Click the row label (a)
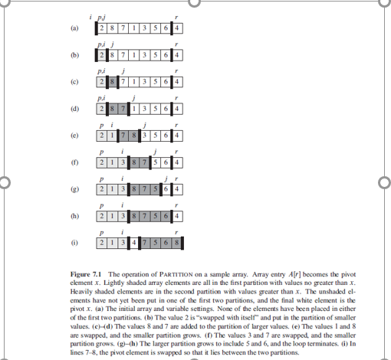(74, 28)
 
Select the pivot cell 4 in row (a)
(178, 29)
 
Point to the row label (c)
(74, 80)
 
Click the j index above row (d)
(134, 97)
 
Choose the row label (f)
(74, 162)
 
